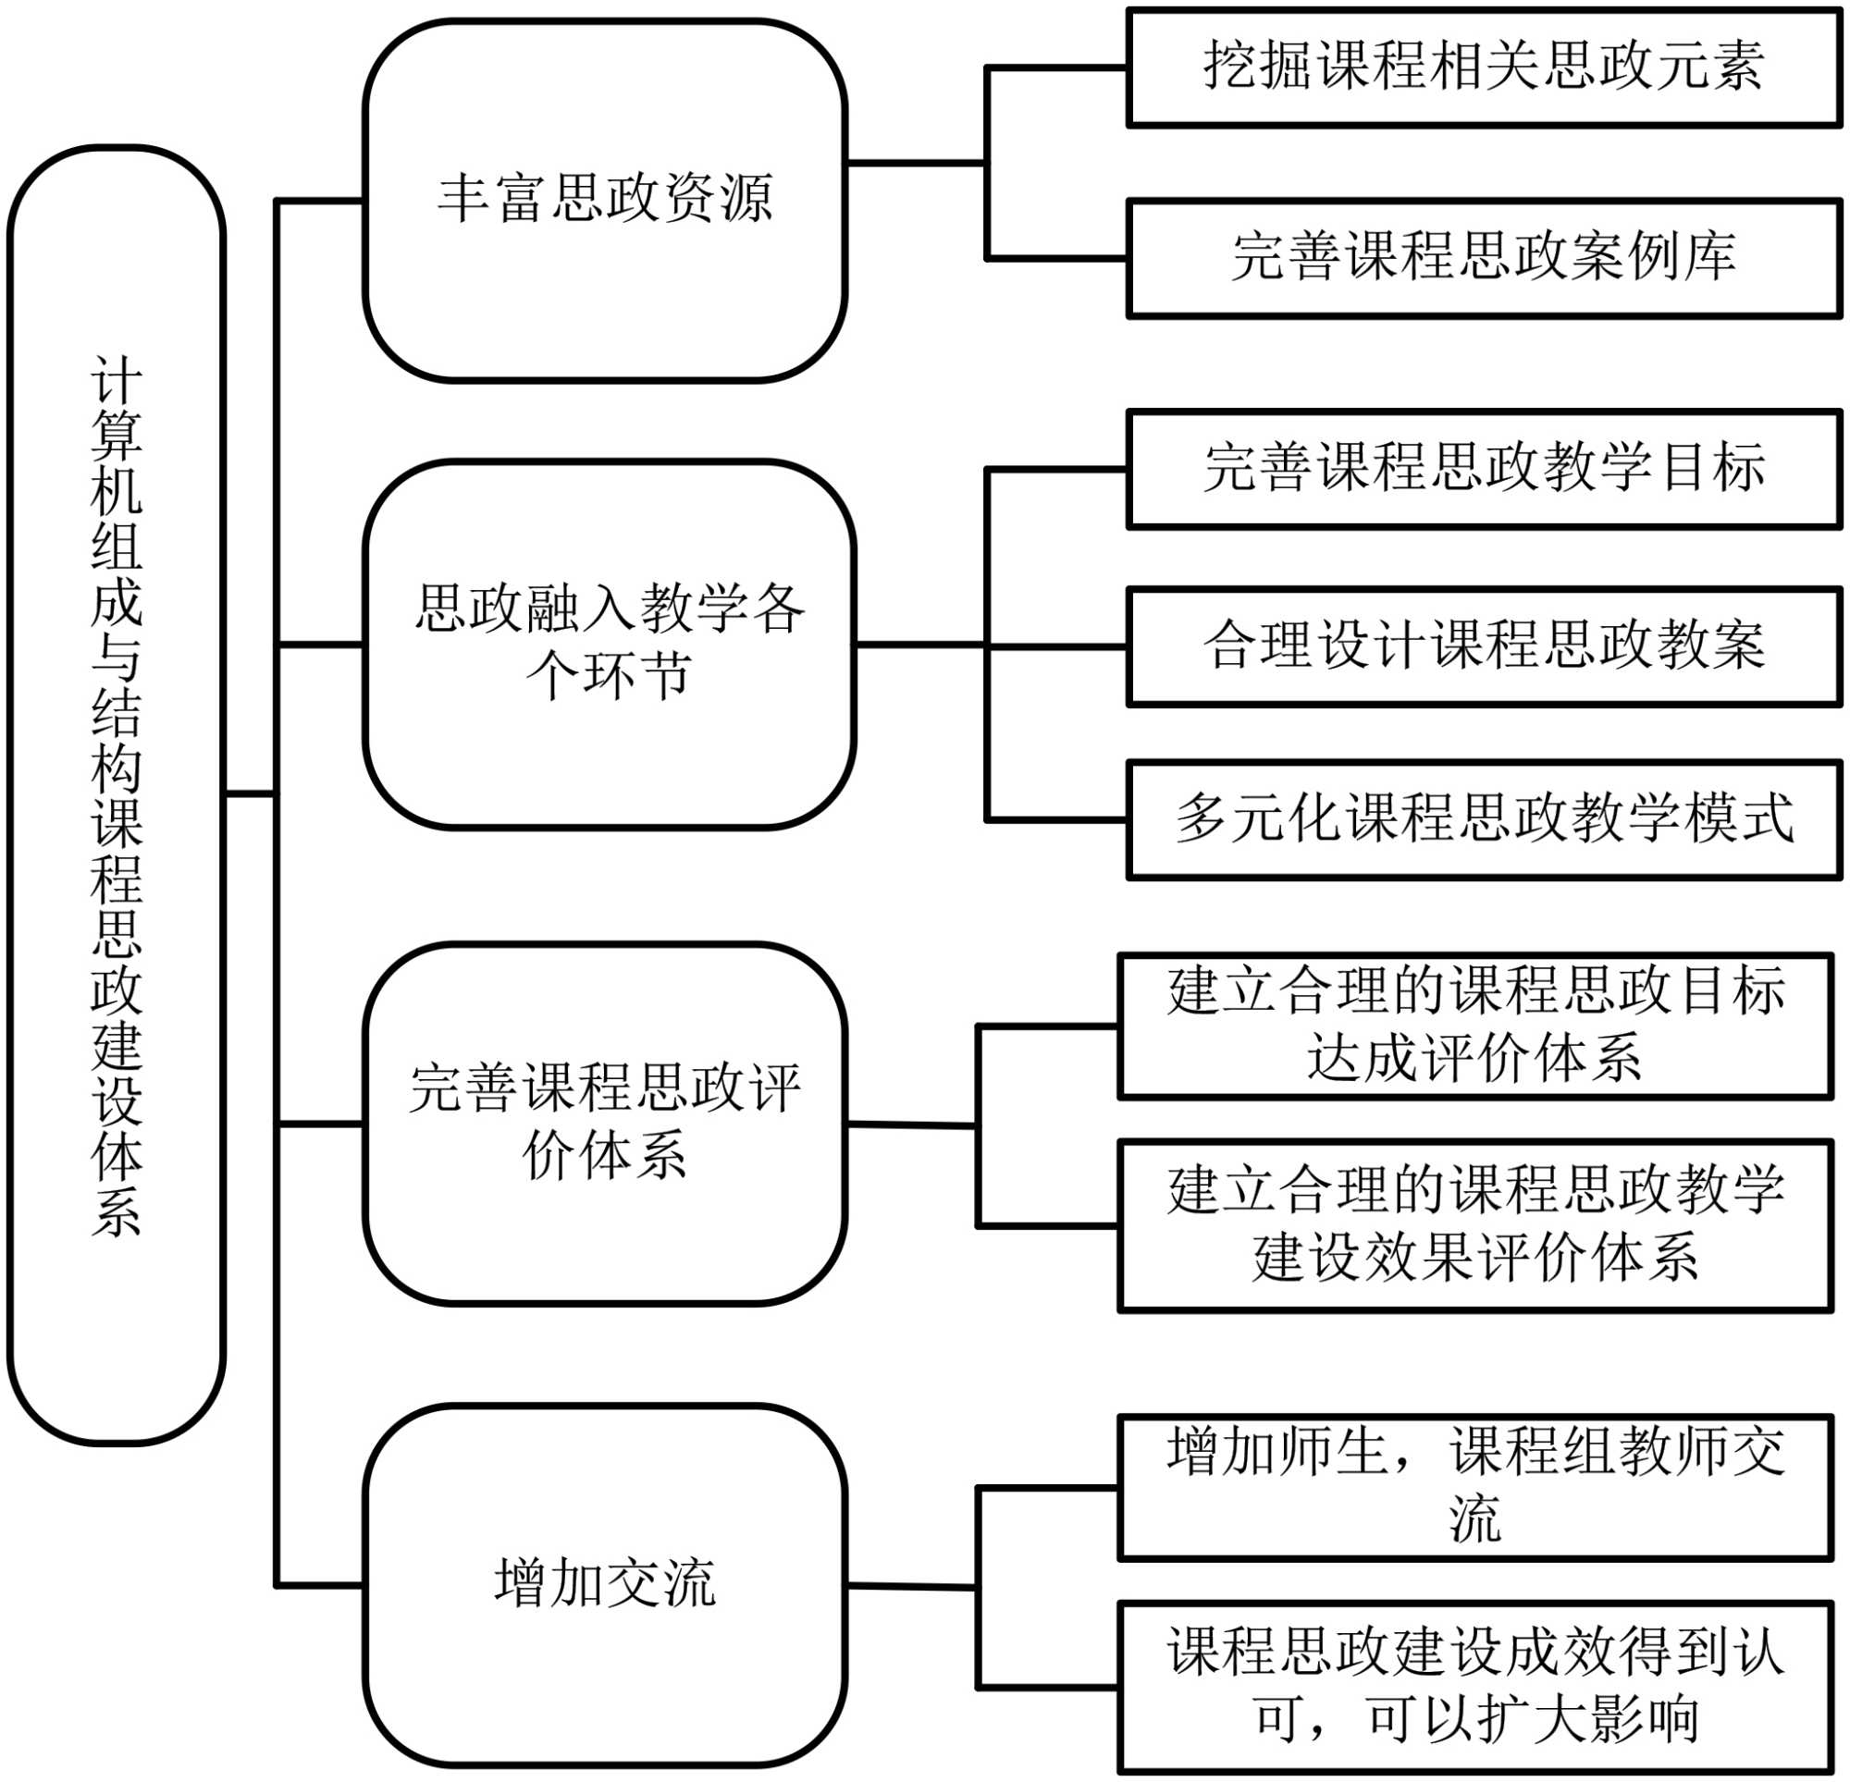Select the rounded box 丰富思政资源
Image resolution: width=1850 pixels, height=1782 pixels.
click(605, 200)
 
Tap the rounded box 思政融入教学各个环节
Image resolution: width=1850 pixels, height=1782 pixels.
click(610, 645)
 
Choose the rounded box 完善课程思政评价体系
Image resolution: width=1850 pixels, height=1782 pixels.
click(605, 1124)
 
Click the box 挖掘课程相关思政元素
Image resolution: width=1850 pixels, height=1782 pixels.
click(1484, 67)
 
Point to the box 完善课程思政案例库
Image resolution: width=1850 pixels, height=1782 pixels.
click(1484, 258)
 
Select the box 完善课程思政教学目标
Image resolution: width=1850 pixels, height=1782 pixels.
click(1484, 468)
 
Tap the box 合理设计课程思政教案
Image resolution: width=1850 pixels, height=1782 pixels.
click(1484, 646)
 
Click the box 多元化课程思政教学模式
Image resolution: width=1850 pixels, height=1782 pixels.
click(1484, 819)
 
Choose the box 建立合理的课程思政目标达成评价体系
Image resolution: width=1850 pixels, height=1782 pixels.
click(1475, 1026)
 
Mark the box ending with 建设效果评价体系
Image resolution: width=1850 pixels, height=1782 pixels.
click(1475, 1225)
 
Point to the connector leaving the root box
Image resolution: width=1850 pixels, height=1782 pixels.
click(250, 793)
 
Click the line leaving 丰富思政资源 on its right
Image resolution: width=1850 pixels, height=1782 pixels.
click(916, 164)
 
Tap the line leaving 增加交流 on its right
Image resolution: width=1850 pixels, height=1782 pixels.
click(911, 1586)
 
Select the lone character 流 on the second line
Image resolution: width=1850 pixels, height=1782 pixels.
click(1474, 1518)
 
